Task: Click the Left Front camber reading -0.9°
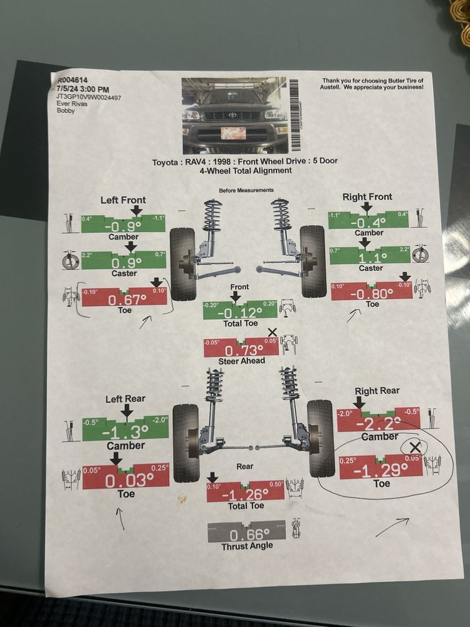coord(123,226)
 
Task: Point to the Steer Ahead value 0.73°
coord(241,350)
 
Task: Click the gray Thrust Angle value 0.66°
coord(246,535)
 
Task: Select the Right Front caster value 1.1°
coord(370,258)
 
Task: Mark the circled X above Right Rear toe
coord(414,447)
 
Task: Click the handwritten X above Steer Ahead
coord(272,332)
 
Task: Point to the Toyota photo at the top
coord(234,115)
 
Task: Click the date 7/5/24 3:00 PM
coord(83,89)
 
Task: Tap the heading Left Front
coord(123,200)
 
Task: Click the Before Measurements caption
coord(246,190)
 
